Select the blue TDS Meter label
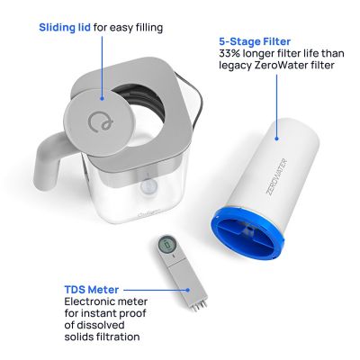[x=89, y=290]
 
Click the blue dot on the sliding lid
[x=102, y=94]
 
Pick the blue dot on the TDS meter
[x=191, y=291]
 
